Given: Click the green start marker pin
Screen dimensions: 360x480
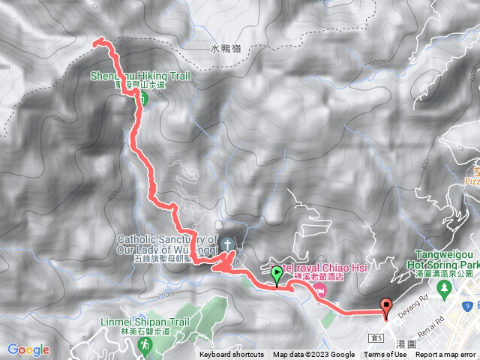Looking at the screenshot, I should click(x=277, y=275).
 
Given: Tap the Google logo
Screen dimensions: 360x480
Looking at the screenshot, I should click(x=28, y=349).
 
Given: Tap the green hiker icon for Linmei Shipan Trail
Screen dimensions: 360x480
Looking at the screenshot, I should click(x=145, y=345).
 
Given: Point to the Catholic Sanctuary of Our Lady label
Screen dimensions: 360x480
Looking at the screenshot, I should click(x=157, y=244).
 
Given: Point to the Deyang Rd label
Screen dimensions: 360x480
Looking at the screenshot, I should click(x=414, y=302).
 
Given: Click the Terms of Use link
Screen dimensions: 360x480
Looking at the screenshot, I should click(x=385, y=355).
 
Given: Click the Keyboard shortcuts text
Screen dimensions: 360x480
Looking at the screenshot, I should click(x=232, y=355).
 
